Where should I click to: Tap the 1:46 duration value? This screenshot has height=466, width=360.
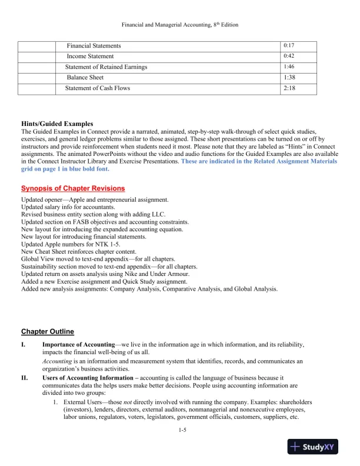[288, 67]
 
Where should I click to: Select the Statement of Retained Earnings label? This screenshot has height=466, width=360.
[106, 67]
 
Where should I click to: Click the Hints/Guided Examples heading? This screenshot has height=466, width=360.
[56, 124]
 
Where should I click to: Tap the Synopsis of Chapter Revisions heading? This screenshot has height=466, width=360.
[73, 188]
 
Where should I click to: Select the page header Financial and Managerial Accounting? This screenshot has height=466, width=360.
[179, 25]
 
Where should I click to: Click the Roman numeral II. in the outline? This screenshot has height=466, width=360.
[25, 377]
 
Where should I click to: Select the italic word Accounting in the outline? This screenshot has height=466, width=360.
[57, 361]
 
